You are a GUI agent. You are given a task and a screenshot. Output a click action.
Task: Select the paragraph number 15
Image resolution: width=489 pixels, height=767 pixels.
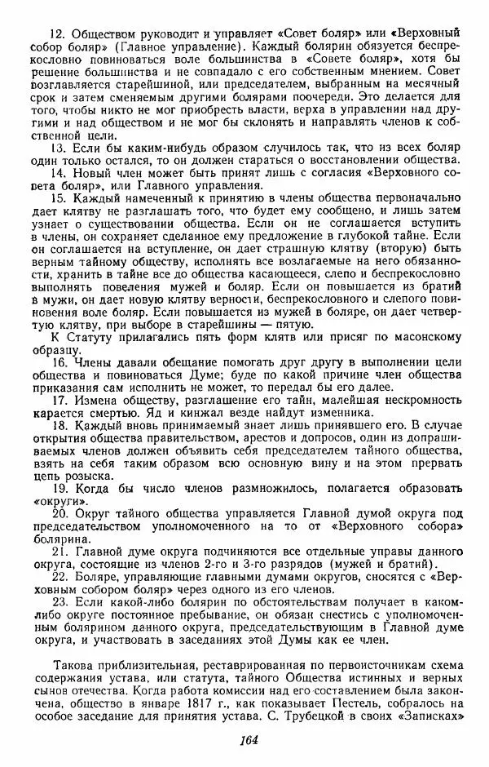[57, 197]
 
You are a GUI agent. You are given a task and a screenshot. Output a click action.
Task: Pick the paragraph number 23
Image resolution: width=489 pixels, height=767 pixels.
[59, 596]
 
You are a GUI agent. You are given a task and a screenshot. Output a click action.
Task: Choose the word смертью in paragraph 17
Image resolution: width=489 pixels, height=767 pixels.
[112, 414]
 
